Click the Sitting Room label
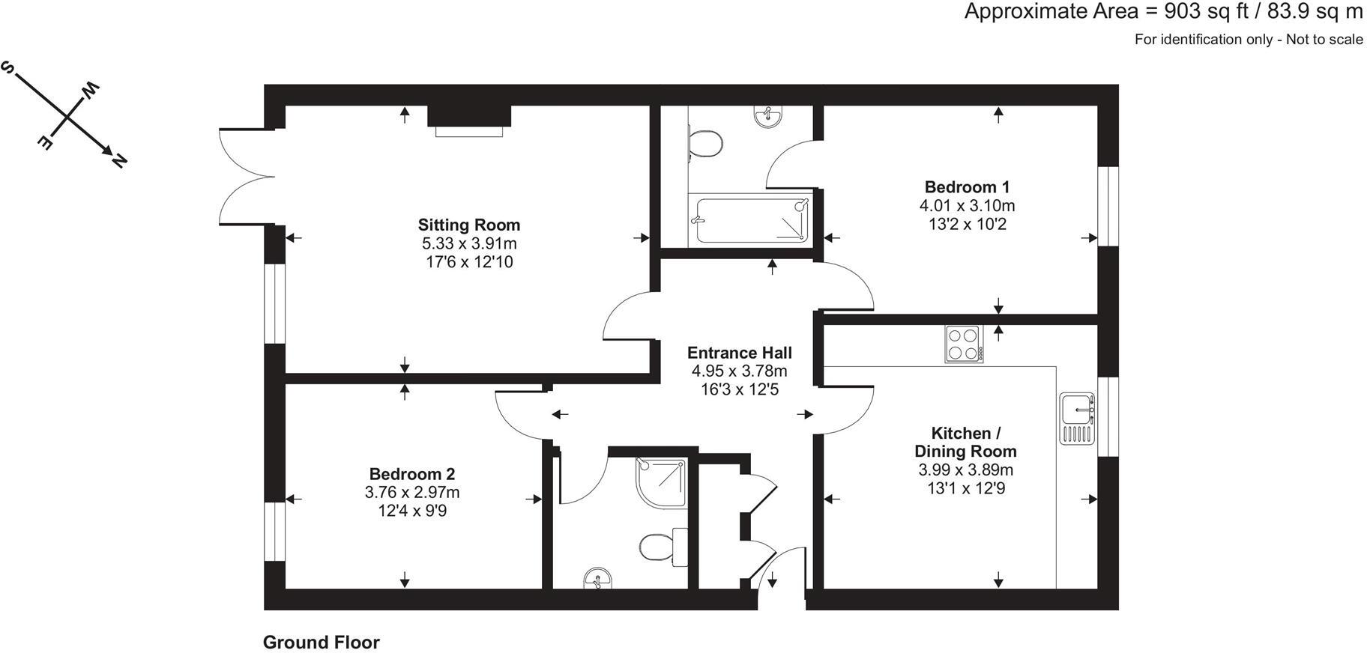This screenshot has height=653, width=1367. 468,225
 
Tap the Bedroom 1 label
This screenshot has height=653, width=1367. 967,187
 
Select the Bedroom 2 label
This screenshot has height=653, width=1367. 411,474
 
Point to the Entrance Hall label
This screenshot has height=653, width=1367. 739,353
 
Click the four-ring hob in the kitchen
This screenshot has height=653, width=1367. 965,344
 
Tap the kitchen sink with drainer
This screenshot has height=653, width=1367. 1078,419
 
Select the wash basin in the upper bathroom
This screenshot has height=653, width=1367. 767,116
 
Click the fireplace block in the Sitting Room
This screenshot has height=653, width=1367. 469,117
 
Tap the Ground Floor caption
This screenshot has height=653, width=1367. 321,643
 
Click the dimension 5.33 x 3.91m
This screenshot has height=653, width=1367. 469,243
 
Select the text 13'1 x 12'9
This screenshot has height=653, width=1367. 965,488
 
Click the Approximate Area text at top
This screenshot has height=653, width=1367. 1163,12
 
